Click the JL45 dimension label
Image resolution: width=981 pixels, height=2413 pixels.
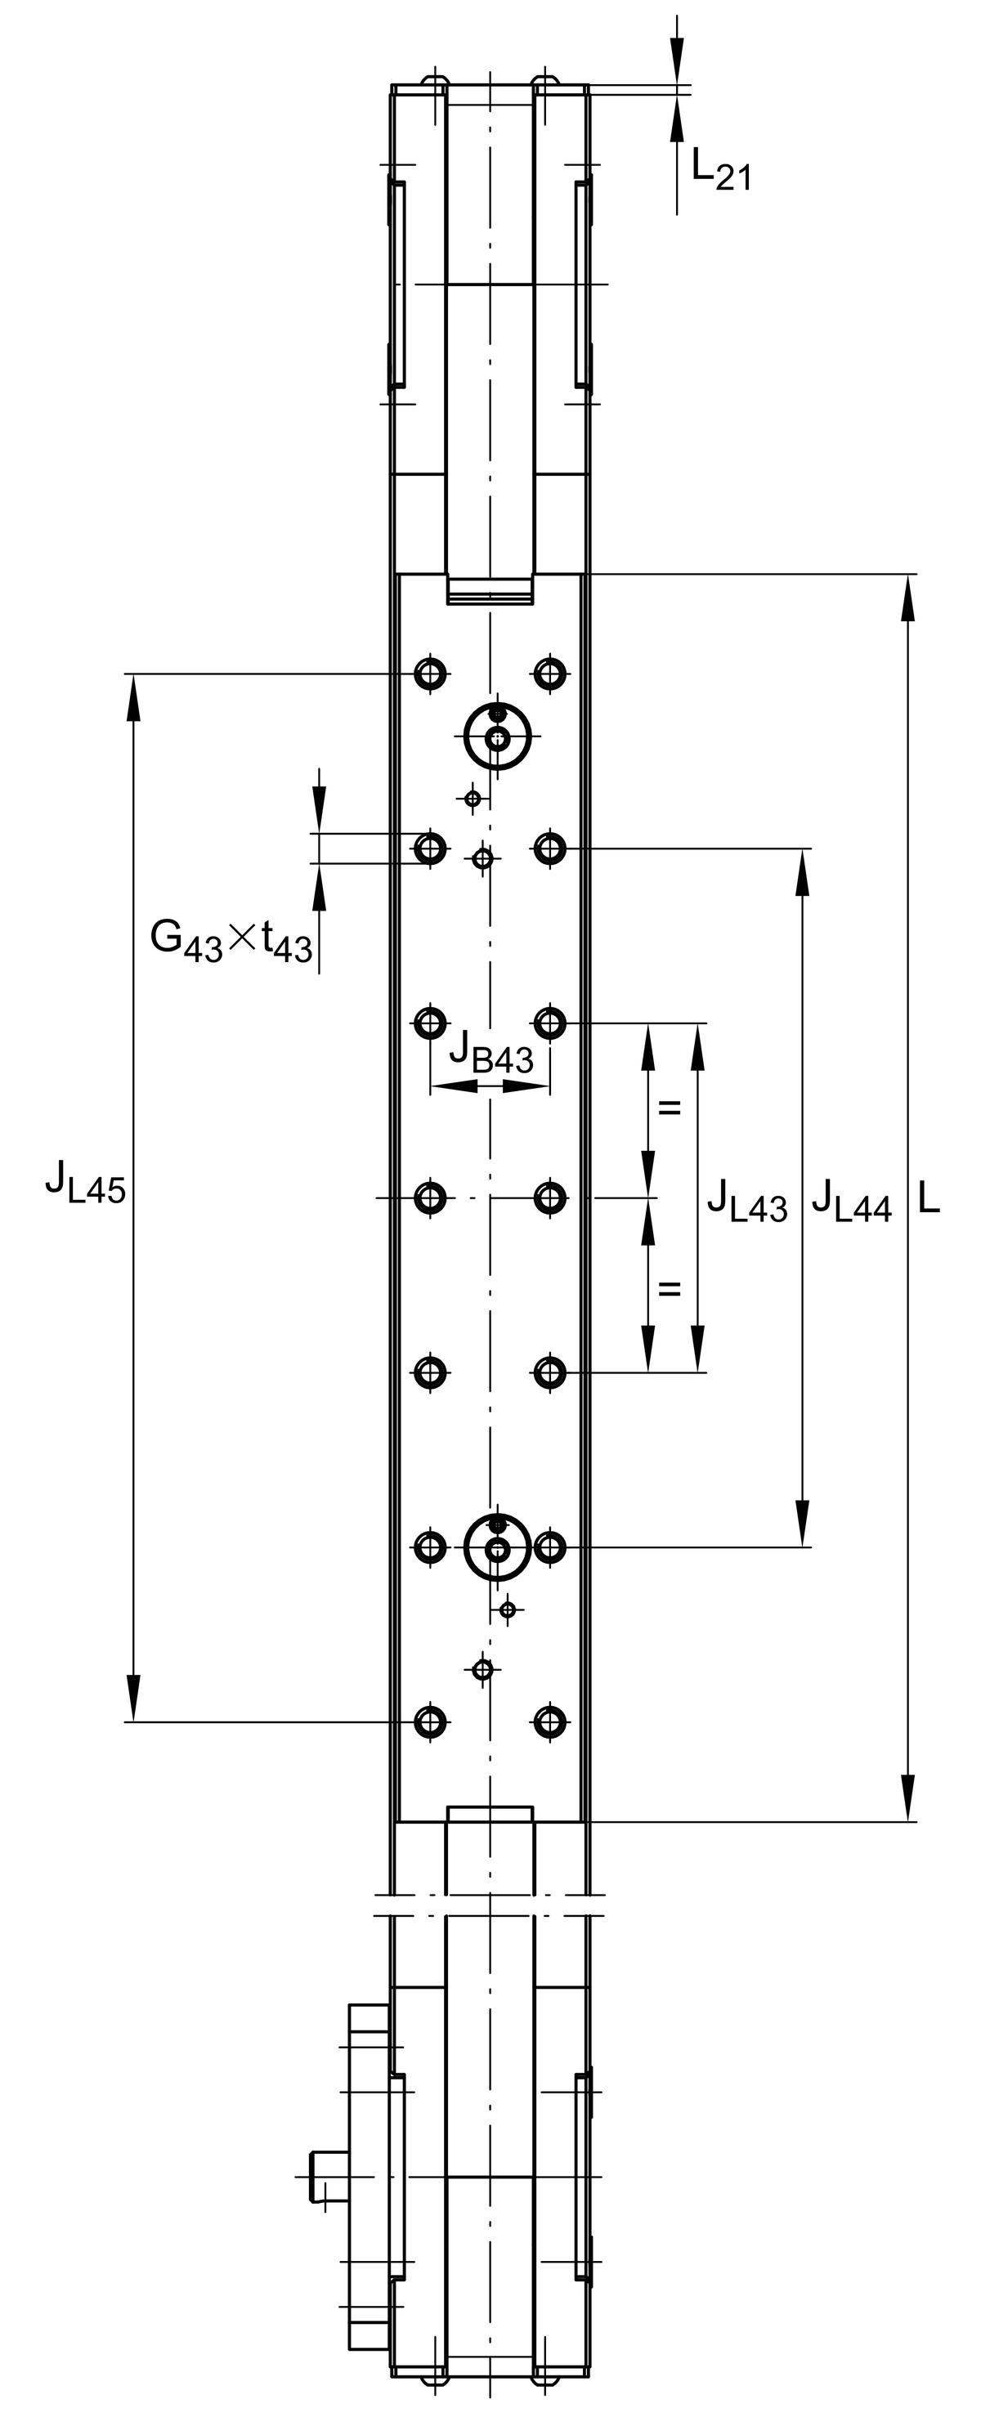point(85,1181)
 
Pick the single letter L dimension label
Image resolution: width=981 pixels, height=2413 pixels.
point(928,1198)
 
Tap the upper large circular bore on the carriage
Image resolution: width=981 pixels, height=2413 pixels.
point(498,737)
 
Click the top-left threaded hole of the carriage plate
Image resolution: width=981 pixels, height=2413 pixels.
point(430,674)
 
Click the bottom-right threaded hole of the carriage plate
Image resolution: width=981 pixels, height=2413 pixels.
point(550,1721)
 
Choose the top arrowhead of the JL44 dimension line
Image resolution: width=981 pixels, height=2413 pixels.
point(802,872)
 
